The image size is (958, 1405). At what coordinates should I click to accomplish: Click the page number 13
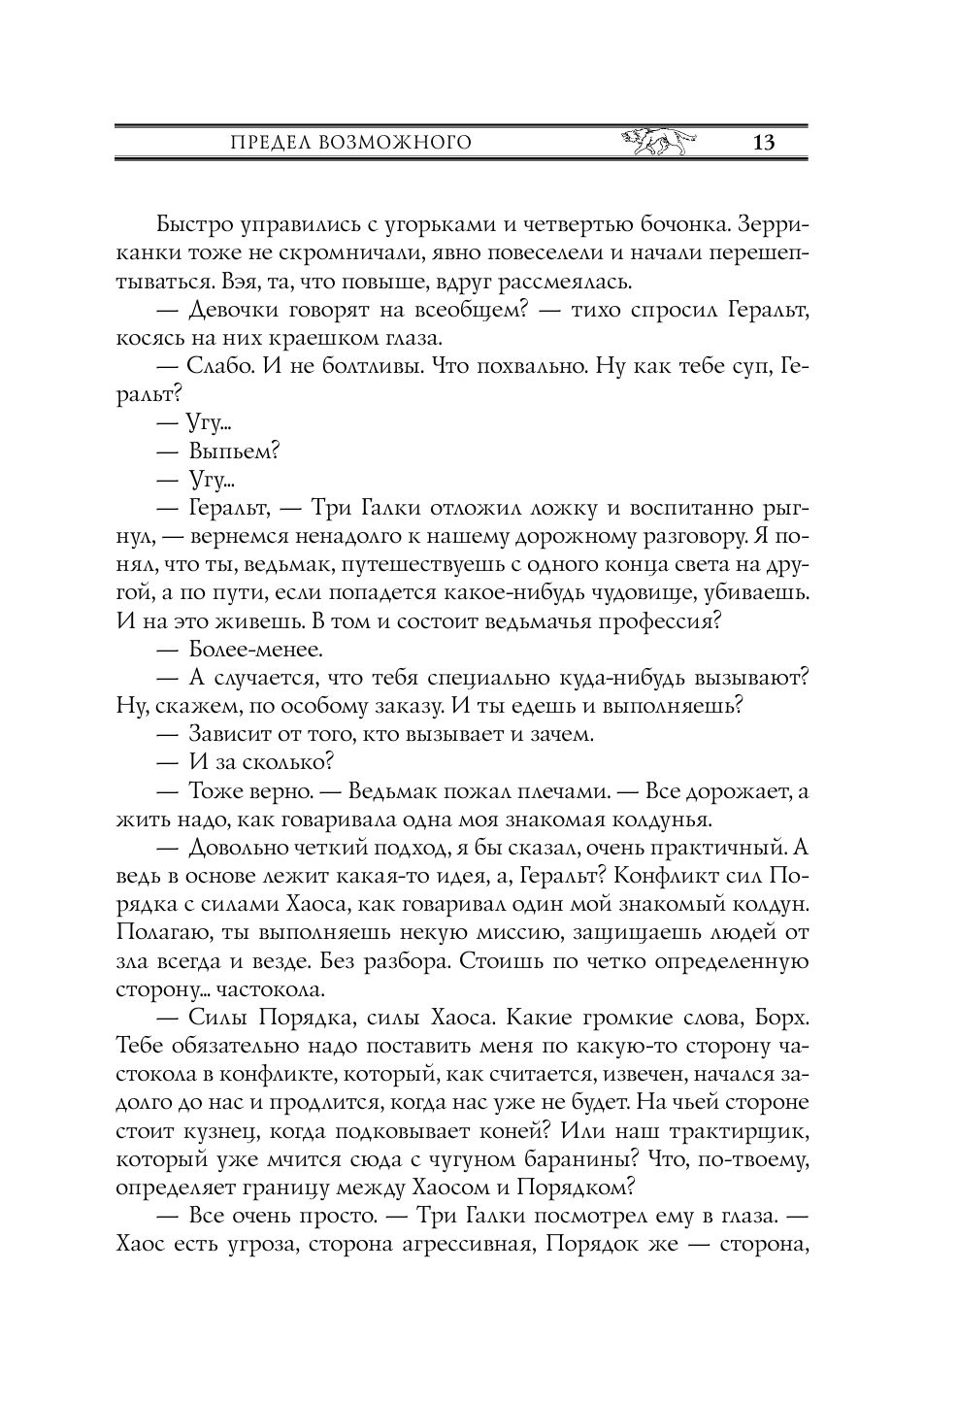point(762,144)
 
